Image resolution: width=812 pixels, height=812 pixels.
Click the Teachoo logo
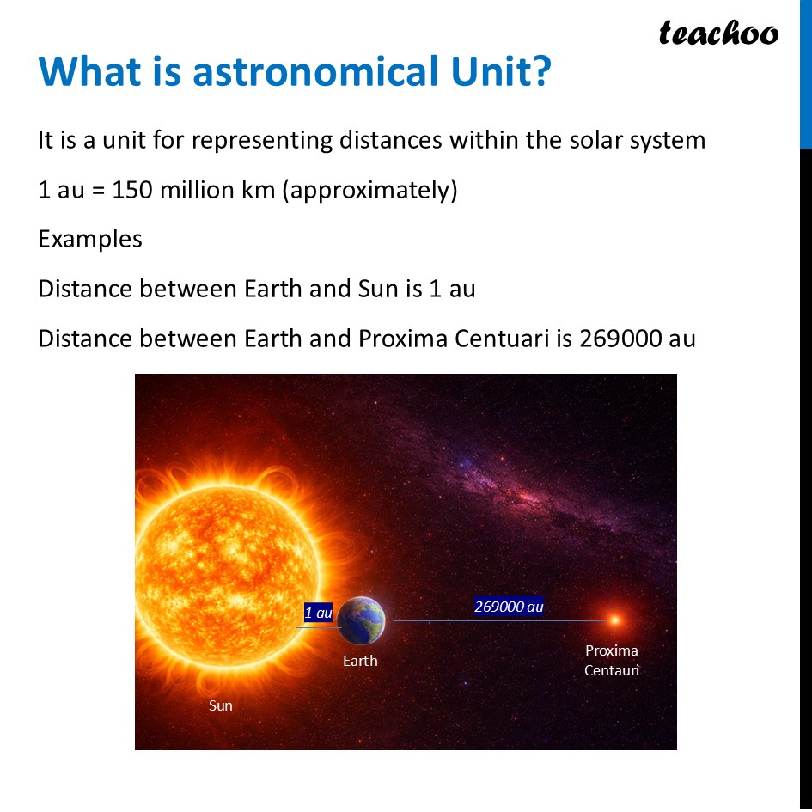tap(718, 34)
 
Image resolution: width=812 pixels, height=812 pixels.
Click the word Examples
tap(90, 239)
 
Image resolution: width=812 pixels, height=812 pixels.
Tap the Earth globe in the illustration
tap(361, 620)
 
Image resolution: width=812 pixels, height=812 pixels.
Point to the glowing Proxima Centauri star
tap(614, 620)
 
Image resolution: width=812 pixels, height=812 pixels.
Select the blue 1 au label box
tap(318, 613)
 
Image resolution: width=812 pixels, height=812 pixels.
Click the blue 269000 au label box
tap(509, 607)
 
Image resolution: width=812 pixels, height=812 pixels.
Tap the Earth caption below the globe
tap(360, 661)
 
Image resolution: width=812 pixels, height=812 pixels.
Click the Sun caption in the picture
tap(221, 705)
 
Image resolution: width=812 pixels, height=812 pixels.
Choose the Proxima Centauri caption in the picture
tap(612, 661)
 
